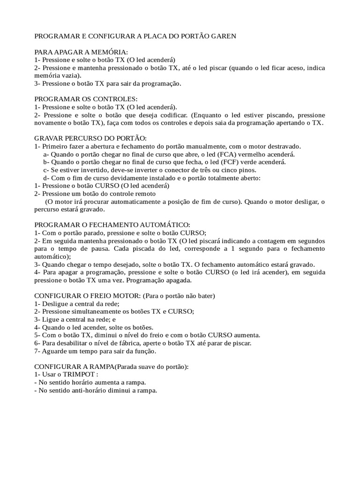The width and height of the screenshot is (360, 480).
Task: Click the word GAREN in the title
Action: (220, 36)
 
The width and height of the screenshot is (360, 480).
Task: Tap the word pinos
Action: (247, 170)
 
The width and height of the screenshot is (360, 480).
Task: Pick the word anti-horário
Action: (86, 391)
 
